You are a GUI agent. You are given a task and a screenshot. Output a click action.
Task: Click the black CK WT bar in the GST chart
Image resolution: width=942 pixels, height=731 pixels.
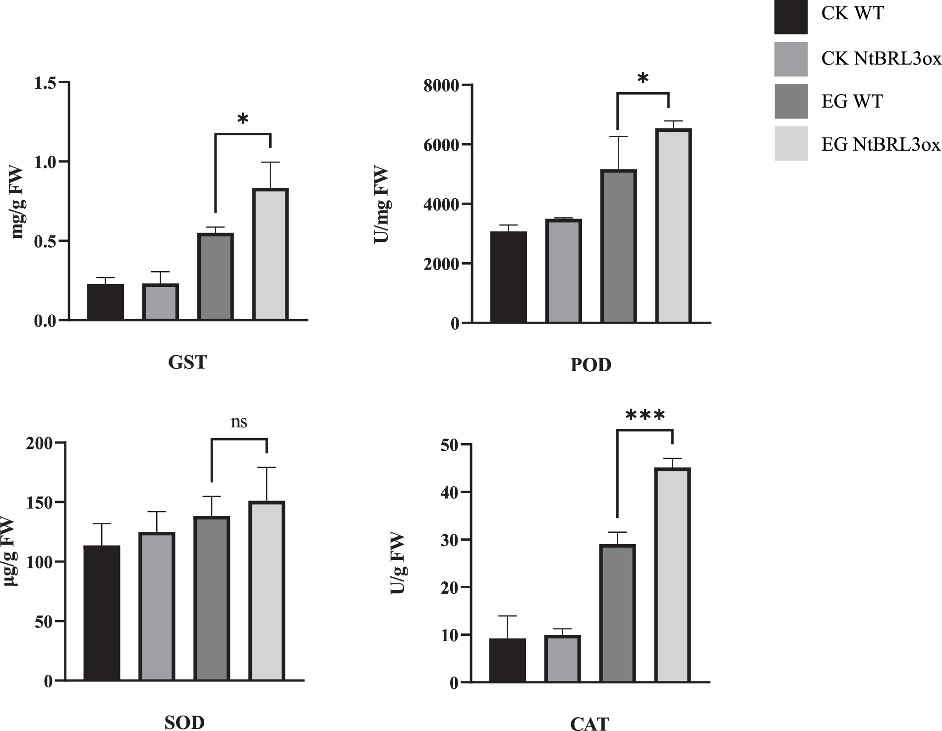106,302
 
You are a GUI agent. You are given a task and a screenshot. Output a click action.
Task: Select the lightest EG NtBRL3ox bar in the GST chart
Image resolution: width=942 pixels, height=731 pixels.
271,254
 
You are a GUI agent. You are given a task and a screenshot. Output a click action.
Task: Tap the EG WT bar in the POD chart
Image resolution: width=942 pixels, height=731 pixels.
618,246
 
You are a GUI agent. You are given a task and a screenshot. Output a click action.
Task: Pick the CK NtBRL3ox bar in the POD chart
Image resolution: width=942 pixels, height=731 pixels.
563,271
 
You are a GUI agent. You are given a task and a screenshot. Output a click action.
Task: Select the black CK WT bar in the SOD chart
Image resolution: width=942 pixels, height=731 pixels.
102,613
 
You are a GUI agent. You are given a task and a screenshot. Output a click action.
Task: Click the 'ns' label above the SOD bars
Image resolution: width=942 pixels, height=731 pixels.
239,422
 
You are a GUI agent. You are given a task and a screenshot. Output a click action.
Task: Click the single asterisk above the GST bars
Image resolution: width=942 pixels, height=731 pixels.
242,119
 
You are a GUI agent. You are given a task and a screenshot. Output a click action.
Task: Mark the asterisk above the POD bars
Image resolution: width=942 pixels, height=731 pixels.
643,79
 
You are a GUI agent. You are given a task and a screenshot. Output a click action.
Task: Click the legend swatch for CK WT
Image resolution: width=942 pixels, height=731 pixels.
791,17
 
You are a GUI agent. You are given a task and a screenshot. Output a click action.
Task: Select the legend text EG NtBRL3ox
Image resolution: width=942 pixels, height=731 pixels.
881,145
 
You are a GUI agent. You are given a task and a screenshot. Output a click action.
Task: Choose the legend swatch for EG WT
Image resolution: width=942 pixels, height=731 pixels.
791,102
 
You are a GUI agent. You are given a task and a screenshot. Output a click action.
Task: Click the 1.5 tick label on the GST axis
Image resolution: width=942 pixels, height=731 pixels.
45,82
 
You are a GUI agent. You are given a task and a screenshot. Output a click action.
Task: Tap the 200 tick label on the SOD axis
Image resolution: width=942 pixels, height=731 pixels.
41,443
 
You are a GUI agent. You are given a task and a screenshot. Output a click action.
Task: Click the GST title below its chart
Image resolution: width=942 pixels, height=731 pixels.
187,363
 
